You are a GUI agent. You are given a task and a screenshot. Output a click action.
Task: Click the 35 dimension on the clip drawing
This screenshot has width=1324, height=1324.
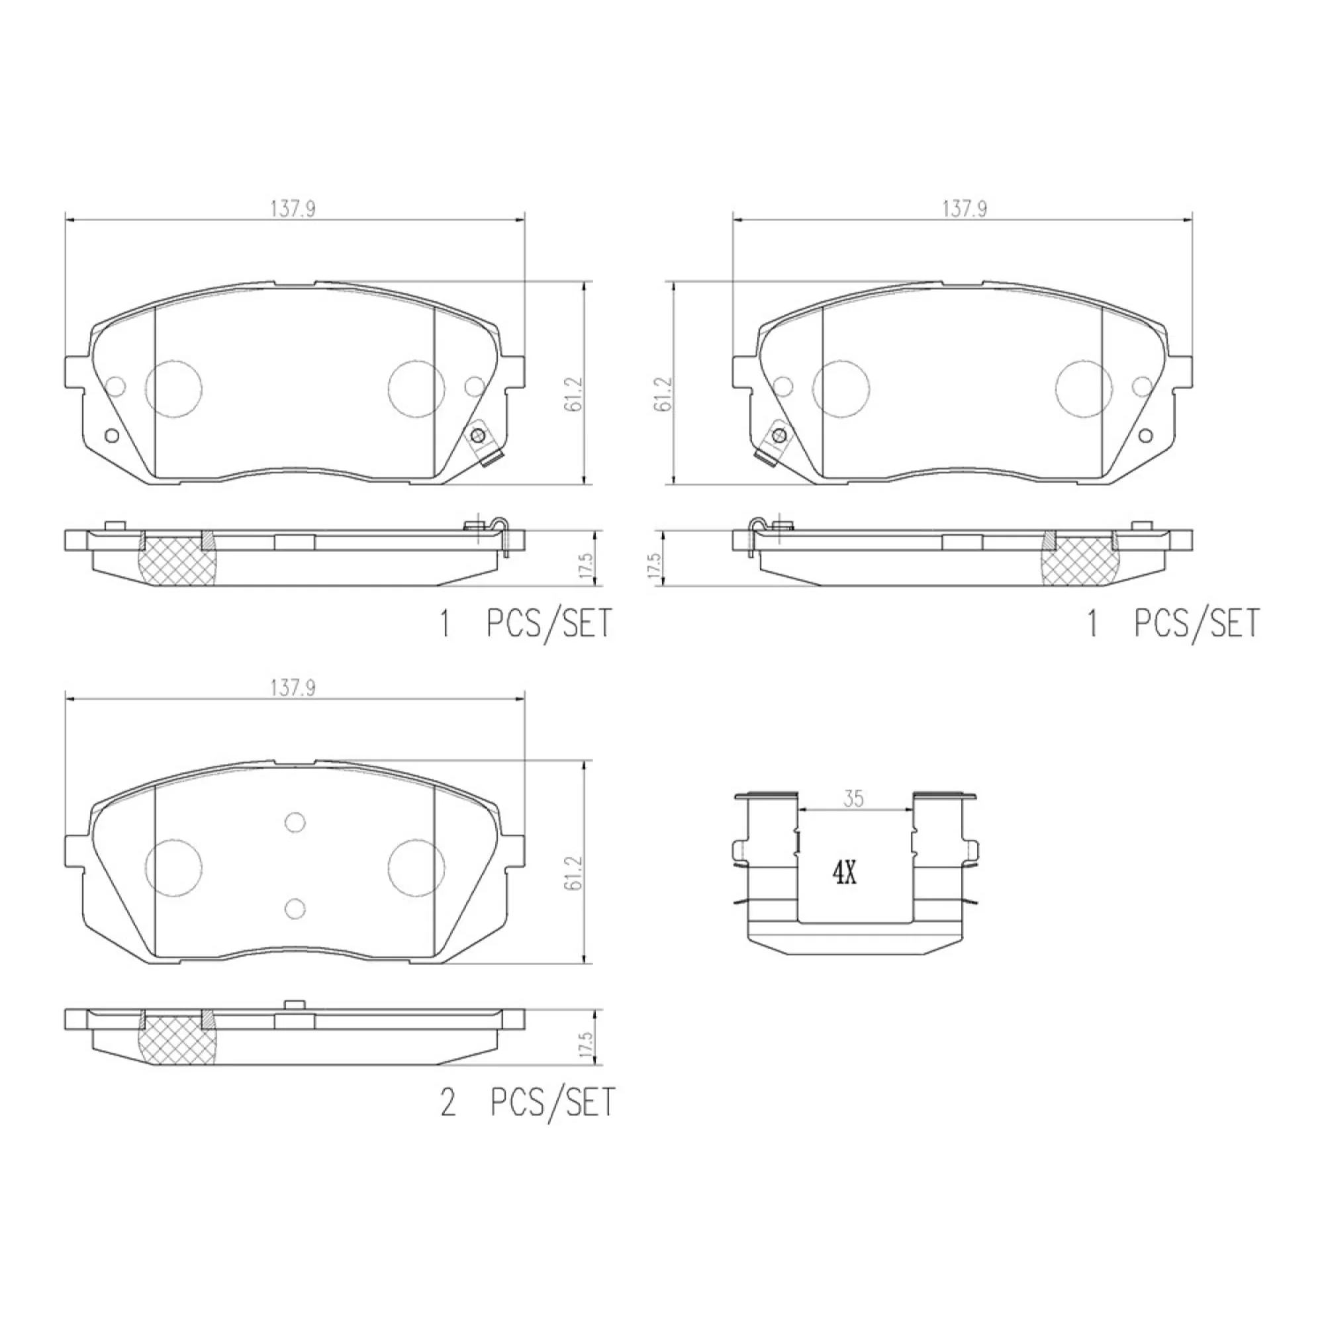point(853,798)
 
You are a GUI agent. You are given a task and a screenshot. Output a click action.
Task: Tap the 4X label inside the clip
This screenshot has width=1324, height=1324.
point(844,874)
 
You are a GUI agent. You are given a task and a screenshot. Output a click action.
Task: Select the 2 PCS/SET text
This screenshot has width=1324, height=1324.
point(528,1104)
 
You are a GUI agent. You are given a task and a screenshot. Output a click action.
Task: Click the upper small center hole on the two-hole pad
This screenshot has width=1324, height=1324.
point(295,822)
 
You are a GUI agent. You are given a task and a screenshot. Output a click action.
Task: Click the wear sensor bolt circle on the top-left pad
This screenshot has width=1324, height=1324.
point(478,435)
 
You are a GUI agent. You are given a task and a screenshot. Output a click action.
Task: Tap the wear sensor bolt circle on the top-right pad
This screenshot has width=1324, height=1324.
point(778,435)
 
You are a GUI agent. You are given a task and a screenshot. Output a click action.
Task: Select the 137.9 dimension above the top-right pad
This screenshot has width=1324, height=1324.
point(965,209)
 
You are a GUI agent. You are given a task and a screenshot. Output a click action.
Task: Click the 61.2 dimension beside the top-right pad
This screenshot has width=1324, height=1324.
point(663,394)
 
